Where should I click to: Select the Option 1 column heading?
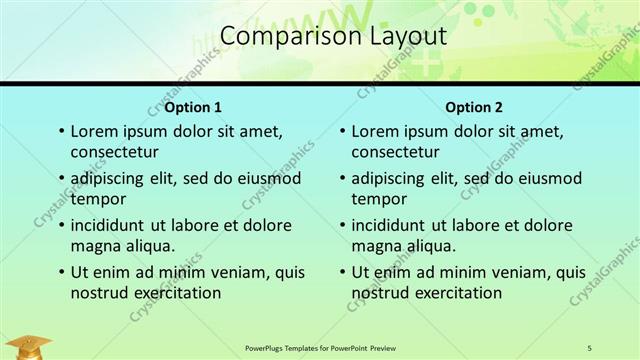pyautogui.click(x=194, y=107)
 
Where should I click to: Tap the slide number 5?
pyautogui.click(x=589, y=347)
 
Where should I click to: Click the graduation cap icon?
pyautogui.click(x=32, y=346)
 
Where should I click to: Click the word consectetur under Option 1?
pyautogui.click(x=115, y=152)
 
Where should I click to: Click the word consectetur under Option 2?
pyautogui.click(x=395, y=152)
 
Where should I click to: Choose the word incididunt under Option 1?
pyautogui.click(x=111, y=225)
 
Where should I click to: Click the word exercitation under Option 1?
pyautogui.click(x=177, y=293)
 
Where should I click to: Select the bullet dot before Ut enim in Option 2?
pyautogui.click(x=341, y=272)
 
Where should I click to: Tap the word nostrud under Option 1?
pyautogui.click(x=98, y=293)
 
